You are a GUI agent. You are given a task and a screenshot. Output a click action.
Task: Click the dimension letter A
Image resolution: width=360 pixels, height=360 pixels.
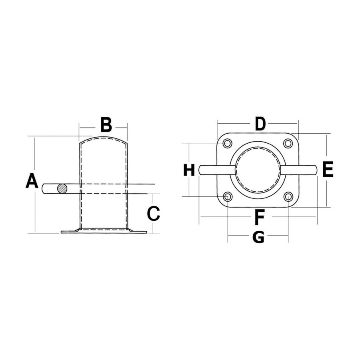[x=32, y=181]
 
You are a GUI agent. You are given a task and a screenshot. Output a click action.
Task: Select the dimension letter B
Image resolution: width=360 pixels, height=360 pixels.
[x=106, y=125]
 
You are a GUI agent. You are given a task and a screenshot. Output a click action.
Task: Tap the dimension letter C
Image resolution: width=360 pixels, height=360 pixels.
[x=153, y=214]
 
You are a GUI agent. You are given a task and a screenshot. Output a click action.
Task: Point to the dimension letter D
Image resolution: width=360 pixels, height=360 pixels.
[x=260, y=124]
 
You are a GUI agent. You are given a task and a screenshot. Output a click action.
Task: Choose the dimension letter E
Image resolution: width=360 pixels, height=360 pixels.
[x=328, y=170]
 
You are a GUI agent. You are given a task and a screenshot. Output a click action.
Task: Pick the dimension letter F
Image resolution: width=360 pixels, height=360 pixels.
[x=260, y=217]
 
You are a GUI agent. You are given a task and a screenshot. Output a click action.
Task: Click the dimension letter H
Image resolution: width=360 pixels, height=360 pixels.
[x=189, y=170]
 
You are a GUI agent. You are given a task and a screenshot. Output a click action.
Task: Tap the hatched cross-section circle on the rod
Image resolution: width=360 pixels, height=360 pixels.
[x=62, y=189]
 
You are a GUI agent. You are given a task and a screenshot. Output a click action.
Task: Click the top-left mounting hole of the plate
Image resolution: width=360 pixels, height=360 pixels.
[x=228, y=144]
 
